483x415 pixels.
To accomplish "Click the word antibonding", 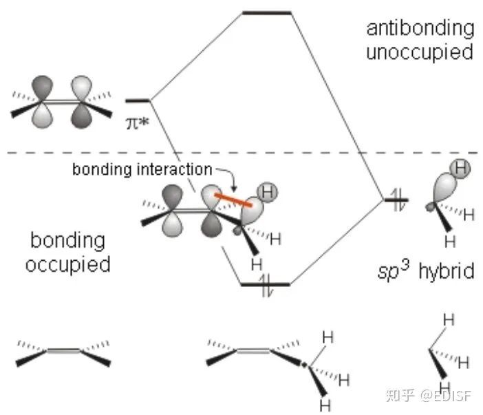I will [x=420, y=28].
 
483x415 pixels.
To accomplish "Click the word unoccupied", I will [x=420, y=52].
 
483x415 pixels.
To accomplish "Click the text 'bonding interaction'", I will [x=142, y=169].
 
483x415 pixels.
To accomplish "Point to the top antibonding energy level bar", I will [x=267, y=12].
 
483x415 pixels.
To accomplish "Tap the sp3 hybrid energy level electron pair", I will [x=395, y=200].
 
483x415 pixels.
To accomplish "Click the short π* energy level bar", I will [x=137, y=100].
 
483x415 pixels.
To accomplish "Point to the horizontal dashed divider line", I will [x=241, y=153].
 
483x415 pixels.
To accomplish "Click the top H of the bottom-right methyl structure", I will [x=448, y=319].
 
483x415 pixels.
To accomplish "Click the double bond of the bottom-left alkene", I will [x=63, y=352].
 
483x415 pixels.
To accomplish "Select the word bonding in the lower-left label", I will [x=67, y=241].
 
